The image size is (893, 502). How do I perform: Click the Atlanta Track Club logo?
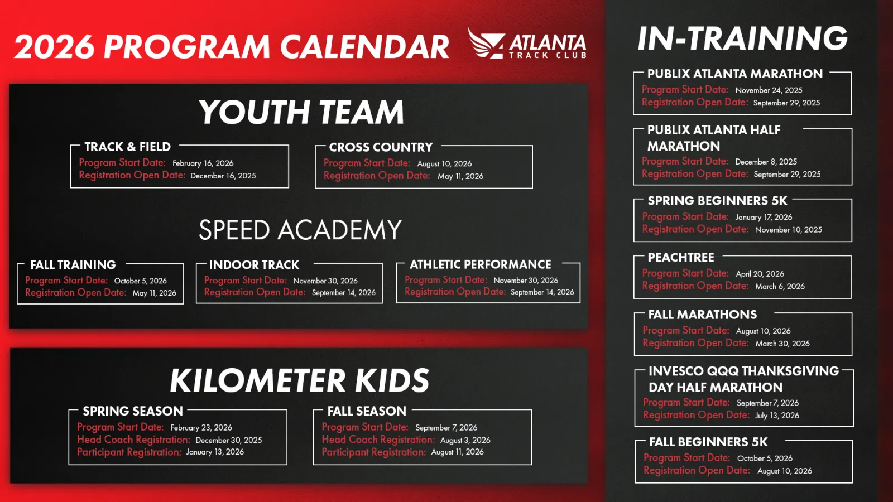click(527, 44)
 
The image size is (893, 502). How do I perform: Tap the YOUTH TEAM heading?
click(301, 112)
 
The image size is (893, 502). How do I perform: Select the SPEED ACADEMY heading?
click(300, 230)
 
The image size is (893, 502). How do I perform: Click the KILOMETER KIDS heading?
click(299, 380)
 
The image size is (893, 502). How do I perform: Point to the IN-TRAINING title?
click(742, 38)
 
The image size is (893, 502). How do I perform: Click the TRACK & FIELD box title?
click(128, 147)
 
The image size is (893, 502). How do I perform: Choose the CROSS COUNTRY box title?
click(381, 147)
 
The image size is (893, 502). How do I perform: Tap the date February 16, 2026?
click(203, 163)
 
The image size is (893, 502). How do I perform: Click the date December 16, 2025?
click(223, 176)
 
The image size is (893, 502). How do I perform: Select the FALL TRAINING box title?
click(73, 265)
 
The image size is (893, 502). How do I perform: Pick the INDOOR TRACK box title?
click(254, 265)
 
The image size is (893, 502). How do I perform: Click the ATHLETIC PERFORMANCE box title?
click(481, 264)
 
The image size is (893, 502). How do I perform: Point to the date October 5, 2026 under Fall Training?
click(140, 281)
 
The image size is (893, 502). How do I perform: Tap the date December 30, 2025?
click(229, 440)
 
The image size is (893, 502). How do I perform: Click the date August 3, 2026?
click(465, 440)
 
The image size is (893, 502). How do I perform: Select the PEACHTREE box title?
click(681, 257)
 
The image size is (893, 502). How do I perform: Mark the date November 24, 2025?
click(769, 90)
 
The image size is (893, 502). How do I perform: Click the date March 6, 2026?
click(780, 287)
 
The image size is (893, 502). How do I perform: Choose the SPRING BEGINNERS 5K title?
click(718, 201)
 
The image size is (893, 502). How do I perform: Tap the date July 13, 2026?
click(777, 416)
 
